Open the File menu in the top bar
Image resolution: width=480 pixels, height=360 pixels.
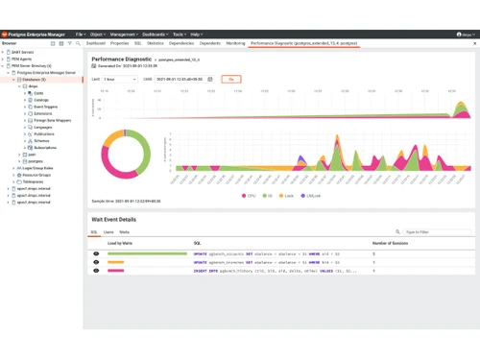click(x=81, y=34)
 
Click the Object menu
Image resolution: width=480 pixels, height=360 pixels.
click(x=97, y=34)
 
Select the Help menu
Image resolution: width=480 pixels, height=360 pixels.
click(x=196, y=34)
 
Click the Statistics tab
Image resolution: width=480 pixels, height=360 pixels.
click(x=156, y=43)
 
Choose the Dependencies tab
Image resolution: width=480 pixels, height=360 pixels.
click(x=180, y=43)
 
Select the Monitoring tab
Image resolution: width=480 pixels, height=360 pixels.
click(x=235, y=43)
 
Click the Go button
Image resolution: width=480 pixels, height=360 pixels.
click(x=229, y=79)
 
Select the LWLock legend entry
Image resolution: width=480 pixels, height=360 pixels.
click(x=312, y=195)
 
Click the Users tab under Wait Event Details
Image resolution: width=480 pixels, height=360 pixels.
click(x=108, y=232)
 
